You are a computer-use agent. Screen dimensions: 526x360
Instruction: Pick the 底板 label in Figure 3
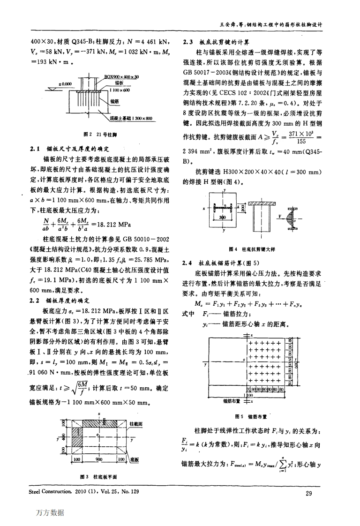(x=136, y=459)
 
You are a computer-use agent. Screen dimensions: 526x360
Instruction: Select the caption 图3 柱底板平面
(x=98, y=477)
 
